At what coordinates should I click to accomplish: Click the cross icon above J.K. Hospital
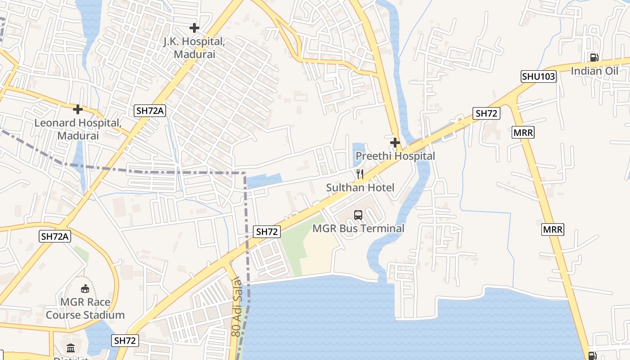point(194,28)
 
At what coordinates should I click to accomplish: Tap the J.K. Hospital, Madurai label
point(194,48)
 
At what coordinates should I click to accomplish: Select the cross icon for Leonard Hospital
point(78,109)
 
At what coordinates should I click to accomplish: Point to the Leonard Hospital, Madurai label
point(78,129)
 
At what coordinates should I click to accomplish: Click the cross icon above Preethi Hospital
point(395,143)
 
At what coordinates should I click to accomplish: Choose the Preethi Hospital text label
point(395,156)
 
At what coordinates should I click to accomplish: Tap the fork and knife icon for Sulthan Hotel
point(360,174)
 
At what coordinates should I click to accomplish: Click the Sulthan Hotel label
point(360,188)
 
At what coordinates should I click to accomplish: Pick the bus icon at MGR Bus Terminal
point(358,215)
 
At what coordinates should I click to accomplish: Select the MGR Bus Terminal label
point(358,229)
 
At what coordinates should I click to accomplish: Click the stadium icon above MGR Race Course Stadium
point(85,288)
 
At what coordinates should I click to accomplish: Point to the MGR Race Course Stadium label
point(85,308)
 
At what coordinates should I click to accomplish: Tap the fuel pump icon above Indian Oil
point(594,58)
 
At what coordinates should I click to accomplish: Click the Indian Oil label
point(594,71)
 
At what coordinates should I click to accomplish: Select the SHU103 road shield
point(539,76)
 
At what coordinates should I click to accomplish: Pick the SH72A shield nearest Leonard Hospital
point(149,111)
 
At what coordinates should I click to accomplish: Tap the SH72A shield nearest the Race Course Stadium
point(55,236)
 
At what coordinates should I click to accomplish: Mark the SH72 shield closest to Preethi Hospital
point(486,113)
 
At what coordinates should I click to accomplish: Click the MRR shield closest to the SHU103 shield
point(523,133)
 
